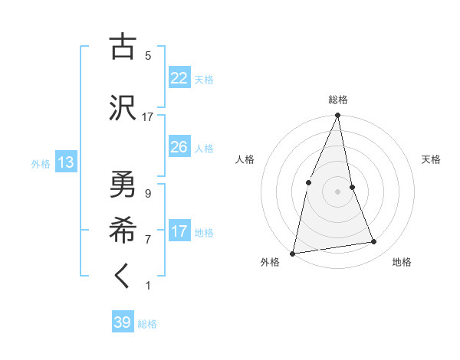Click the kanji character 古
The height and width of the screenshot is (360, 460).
123,47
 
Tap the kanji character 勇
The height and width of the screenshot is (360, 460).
123,184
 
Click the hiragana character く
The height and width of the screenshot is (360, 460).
123,277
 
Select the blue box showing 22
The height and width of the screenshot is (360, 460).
179,78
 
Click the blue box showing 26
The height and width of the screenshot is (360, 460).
179,147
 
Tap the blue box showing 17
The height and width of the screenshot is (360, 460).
179,232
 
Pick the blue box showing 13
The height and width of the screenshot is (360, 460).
65,162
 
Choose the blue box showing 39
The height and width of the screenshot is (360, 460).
123,322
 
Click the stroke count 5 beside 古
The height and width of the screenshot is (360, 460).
148,56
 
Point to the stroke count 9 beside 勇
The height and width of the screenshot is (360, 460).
148,193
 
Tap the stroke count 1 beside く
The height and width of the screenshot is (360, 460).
148,286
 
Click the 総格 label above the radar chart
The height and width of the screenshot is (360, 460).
338,100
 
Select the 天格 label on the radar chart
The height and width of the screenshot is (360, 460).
432,159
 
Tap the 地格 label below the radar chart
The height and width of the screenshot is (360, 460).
402,262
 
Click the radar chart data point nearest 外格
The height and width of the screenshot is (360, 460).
293,253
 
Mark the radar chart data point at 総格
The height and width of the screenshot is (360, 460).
338,116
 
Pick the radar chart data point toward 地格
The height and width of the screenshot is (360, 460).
374,242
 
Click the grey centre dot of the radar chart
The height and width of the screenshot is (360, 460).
338,191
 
